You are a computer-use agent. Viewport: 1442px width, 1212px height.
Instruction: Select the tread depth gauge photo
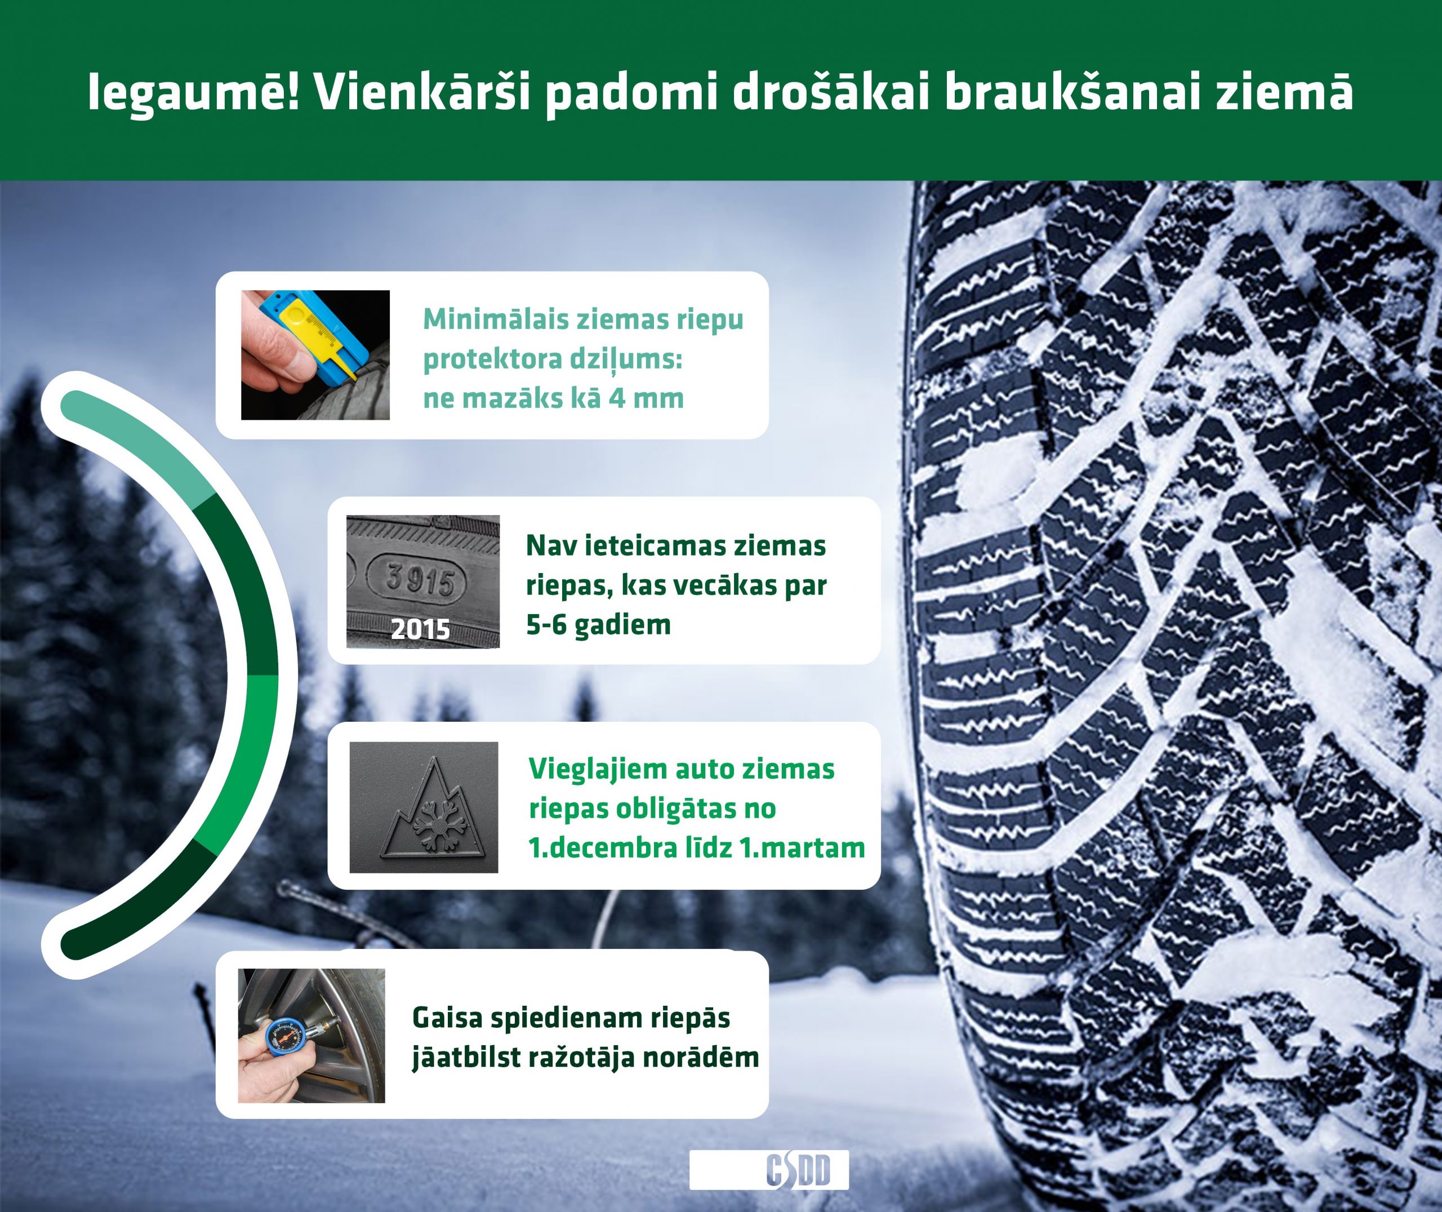315,355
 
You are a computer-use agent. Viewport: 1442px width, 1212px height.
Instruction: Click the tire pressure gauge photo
311,1036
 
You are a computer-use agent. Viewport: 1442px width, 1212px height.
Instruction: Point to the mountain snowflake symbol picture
424,807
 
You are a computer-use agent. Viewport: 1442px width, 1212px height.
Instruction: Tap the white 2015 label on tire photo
420,629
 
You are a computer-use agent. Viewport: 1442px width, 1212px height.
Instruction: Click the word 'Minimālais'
496,319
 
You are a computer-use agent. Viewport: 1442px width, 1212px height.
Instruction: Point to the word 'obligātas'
677,809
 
